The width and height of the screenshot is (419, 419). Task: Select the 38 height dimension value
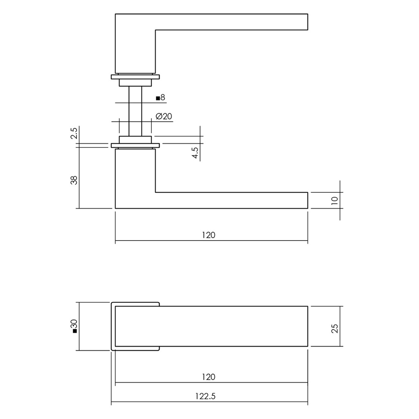coord(74,180)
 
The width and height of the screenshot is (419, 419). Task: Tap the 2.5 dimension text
coord(74,133)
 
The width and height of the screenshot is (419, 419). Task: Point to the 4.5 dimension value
coord(195,153)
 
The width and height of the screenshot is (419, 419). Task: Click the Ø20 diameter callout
coord(164,117)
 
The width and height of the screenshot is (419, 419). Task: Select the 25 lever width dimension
coord(335,329)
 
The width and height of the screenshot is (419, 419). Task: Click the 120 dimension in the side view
coord(209,235)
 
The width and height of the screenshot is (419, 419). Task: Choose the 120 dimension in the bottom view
coord(209,377)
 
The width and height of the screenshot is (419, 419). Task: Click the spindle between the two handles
coord(135,110)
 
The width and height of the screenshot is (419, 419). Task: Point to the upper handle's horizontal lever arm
coord(231,22)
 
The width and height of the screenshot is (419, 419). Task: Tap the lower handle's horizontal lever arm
coord(231,200)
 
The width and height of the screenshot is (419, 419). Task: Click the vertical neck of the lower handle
coord(135,176)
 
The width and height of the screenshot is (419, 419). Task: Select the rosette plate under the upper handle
coord(135,77)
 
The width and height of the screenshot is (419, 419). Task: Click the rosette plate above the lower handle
coord(135,145)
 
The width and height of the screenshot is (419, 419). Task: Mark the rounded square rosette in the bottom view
coord(113,327)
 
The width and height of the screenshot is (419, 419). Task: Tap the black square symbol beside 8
coord(158,98)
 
